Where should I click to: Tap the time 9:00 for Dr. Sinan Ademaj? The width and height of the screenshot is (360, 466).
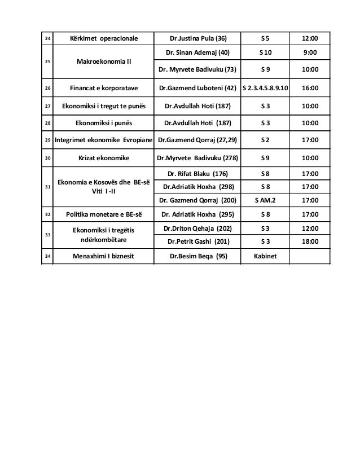point(309,53)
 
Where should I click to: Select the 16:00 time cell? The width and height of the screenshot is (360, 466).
point(309,89)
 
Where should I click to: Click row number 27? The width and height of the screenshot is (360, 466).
point(47,105)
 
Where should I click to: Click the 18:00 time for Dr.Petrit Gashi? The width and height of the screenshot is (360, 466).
point(309,241)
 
